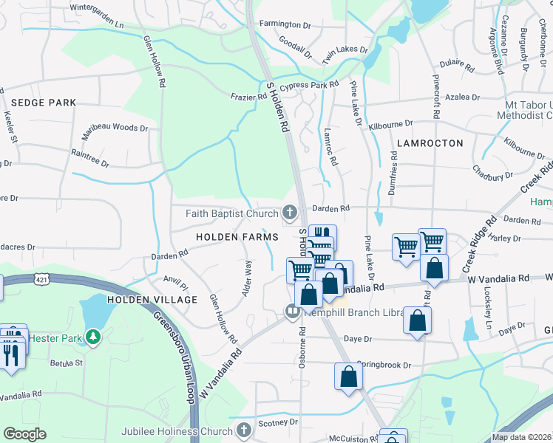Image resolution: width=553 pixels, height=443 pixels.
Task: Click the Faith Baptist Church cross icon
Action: pos(289,213)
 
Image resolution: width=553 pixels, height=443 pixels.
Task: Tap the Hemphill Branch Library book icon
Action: pos(292,312)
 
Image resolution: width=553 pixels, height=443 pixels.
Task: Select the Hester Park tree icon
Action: pos(92,338)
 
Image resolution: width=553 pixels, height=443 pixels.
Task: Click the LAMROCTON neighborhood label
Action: pos(430,142)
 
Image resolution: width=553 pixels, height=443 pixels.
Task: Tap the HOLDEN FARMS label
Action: pos(237,237)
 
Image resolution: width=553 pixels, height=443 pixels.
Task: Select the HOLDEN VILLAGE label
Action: pos(152,300)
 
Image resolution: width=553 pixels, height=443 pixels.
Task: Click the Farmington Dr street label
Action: pos(285,24)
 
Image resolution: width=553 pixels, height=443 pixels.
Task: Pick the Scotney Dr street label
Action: pos(278,423)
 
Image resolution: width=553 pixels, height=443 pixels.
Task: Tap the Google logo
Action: pos(24,434)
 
